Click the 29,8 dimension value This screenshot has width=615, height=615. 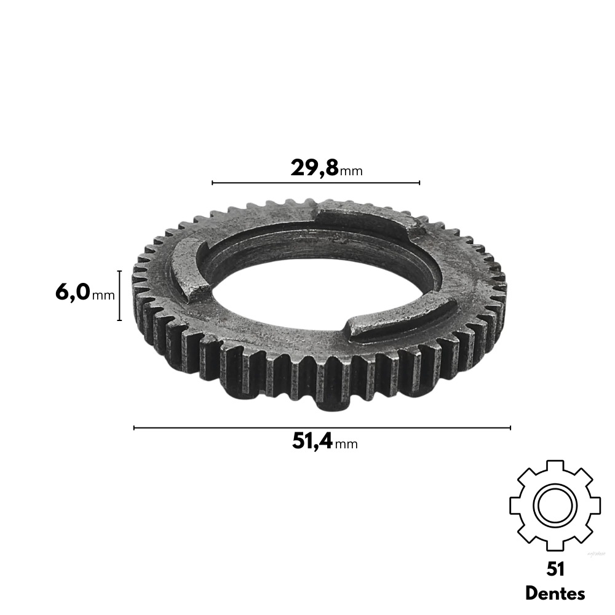[x=314, y=169]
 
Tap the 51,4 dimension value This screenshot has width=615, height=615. [x=312, y=441]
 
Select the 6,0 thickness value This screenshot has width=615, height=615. [x=73, y=293]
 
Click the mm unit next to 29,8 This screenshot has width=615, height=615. [x=351, y=172]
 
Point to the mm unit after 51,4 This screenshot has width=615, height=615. [x=346, y=445]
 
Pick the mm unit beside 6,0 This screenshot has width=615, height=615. [x=103, y=295]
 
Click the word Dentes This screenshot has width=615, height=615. [x=555, y=593]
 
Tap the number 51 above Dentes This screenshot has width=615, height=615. [x=555, y=569]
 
